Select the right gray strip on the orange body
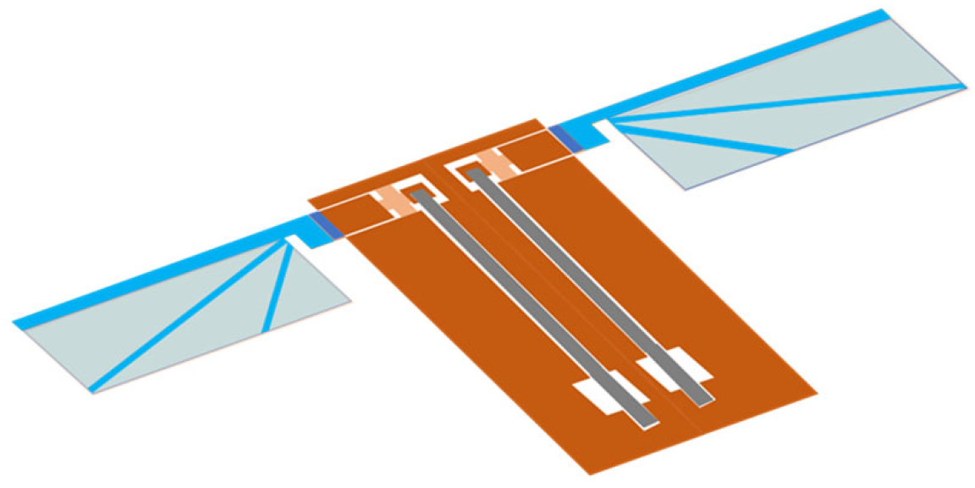tap(592, 288)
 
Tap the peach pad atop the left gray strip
tap(391, 200)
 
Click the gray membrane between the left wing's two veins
tap(245, 297)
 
